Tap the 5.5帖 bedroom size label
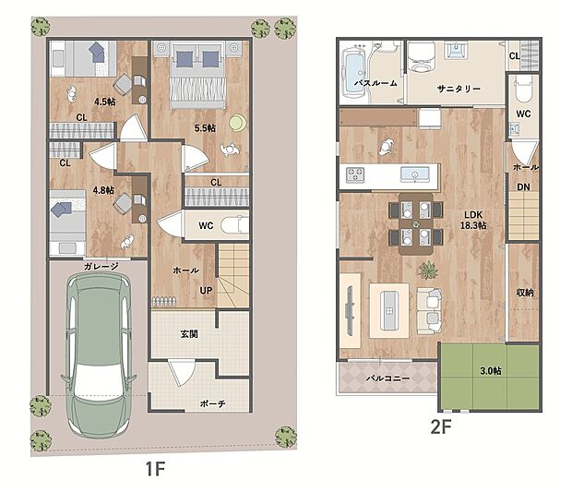[205, 128]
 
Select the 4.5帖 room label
[105, 102]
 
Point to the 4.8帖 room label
[103, 190]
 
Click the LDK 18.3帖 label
[473, 220]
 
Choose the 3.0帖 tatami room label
[490, 371]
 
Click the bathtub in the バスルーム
[354, 74]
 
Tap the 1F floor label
[155, 469]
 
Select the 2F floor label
[441, 426]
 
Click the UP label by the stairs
[206, 291]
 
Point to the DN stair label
[523, 186]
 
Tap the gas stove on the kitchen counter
[355, 174]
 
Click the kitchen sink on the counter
[415, 174]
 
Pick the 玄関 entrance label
[189, 333]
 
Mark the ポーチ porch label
[213, 403]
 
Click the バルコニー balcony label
[387, 378]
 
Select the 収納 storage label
[525, 293]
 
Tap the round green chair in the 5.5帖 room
[238, 123]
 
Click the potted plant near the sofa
[429, 270]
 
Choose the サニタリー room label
[459, 89]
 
